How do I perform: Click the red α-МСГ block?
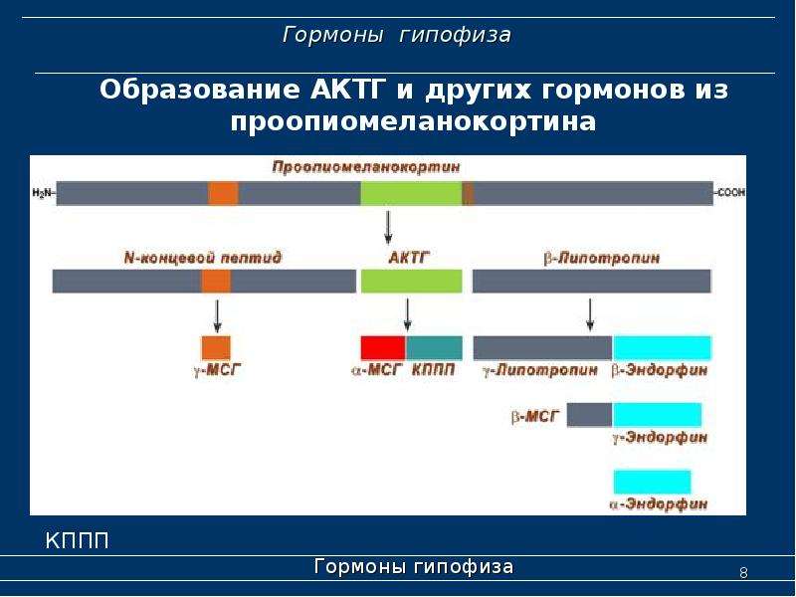pos(383,347)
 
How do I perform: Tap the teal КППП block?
pos(434,347)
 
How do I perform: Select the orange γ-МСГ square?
pos(216,347)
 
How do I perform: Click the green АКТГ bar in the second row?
pos(412,282)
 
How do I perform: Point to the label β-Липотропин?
pos(602,258)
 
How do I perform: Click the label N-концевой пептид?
pos(203,258)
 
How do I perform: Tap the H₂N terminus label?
pos(43,193)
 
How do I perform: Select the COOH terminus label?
pos(731,193)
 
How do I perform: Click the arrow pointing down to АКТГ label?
pos(388,228)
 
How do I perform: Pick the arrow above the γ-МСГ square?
pos(217,316)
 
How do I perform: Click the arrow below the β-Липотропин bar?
pos(589,315)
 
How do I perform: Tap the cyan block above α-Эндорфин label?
pos(653,482)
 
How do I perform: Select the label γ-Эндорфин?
pos(660,437)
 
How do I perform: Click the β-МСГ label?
pos(535,417)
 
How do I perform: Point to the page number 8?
pos(743,573)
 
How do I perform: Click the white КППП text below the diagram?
pos(78,541)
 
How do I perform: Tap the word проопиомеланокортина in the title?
pos(413,121)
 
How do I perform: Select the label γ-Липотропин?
pos(540,370)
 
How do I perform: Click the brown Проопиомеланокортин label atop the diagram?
pos(366,167)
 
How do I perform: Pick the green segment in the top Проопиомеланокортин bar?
pos(412,193)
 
